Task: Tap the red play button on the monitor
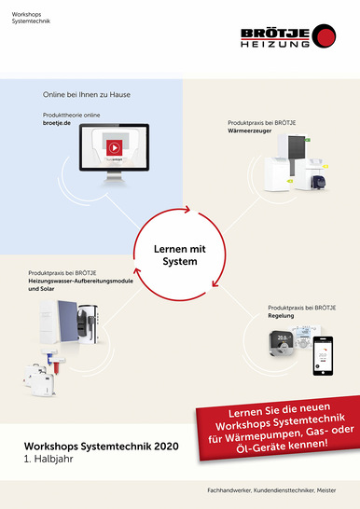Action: click(x=113, y=146)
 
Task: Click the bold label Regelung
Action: click(x=281, y=315)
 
